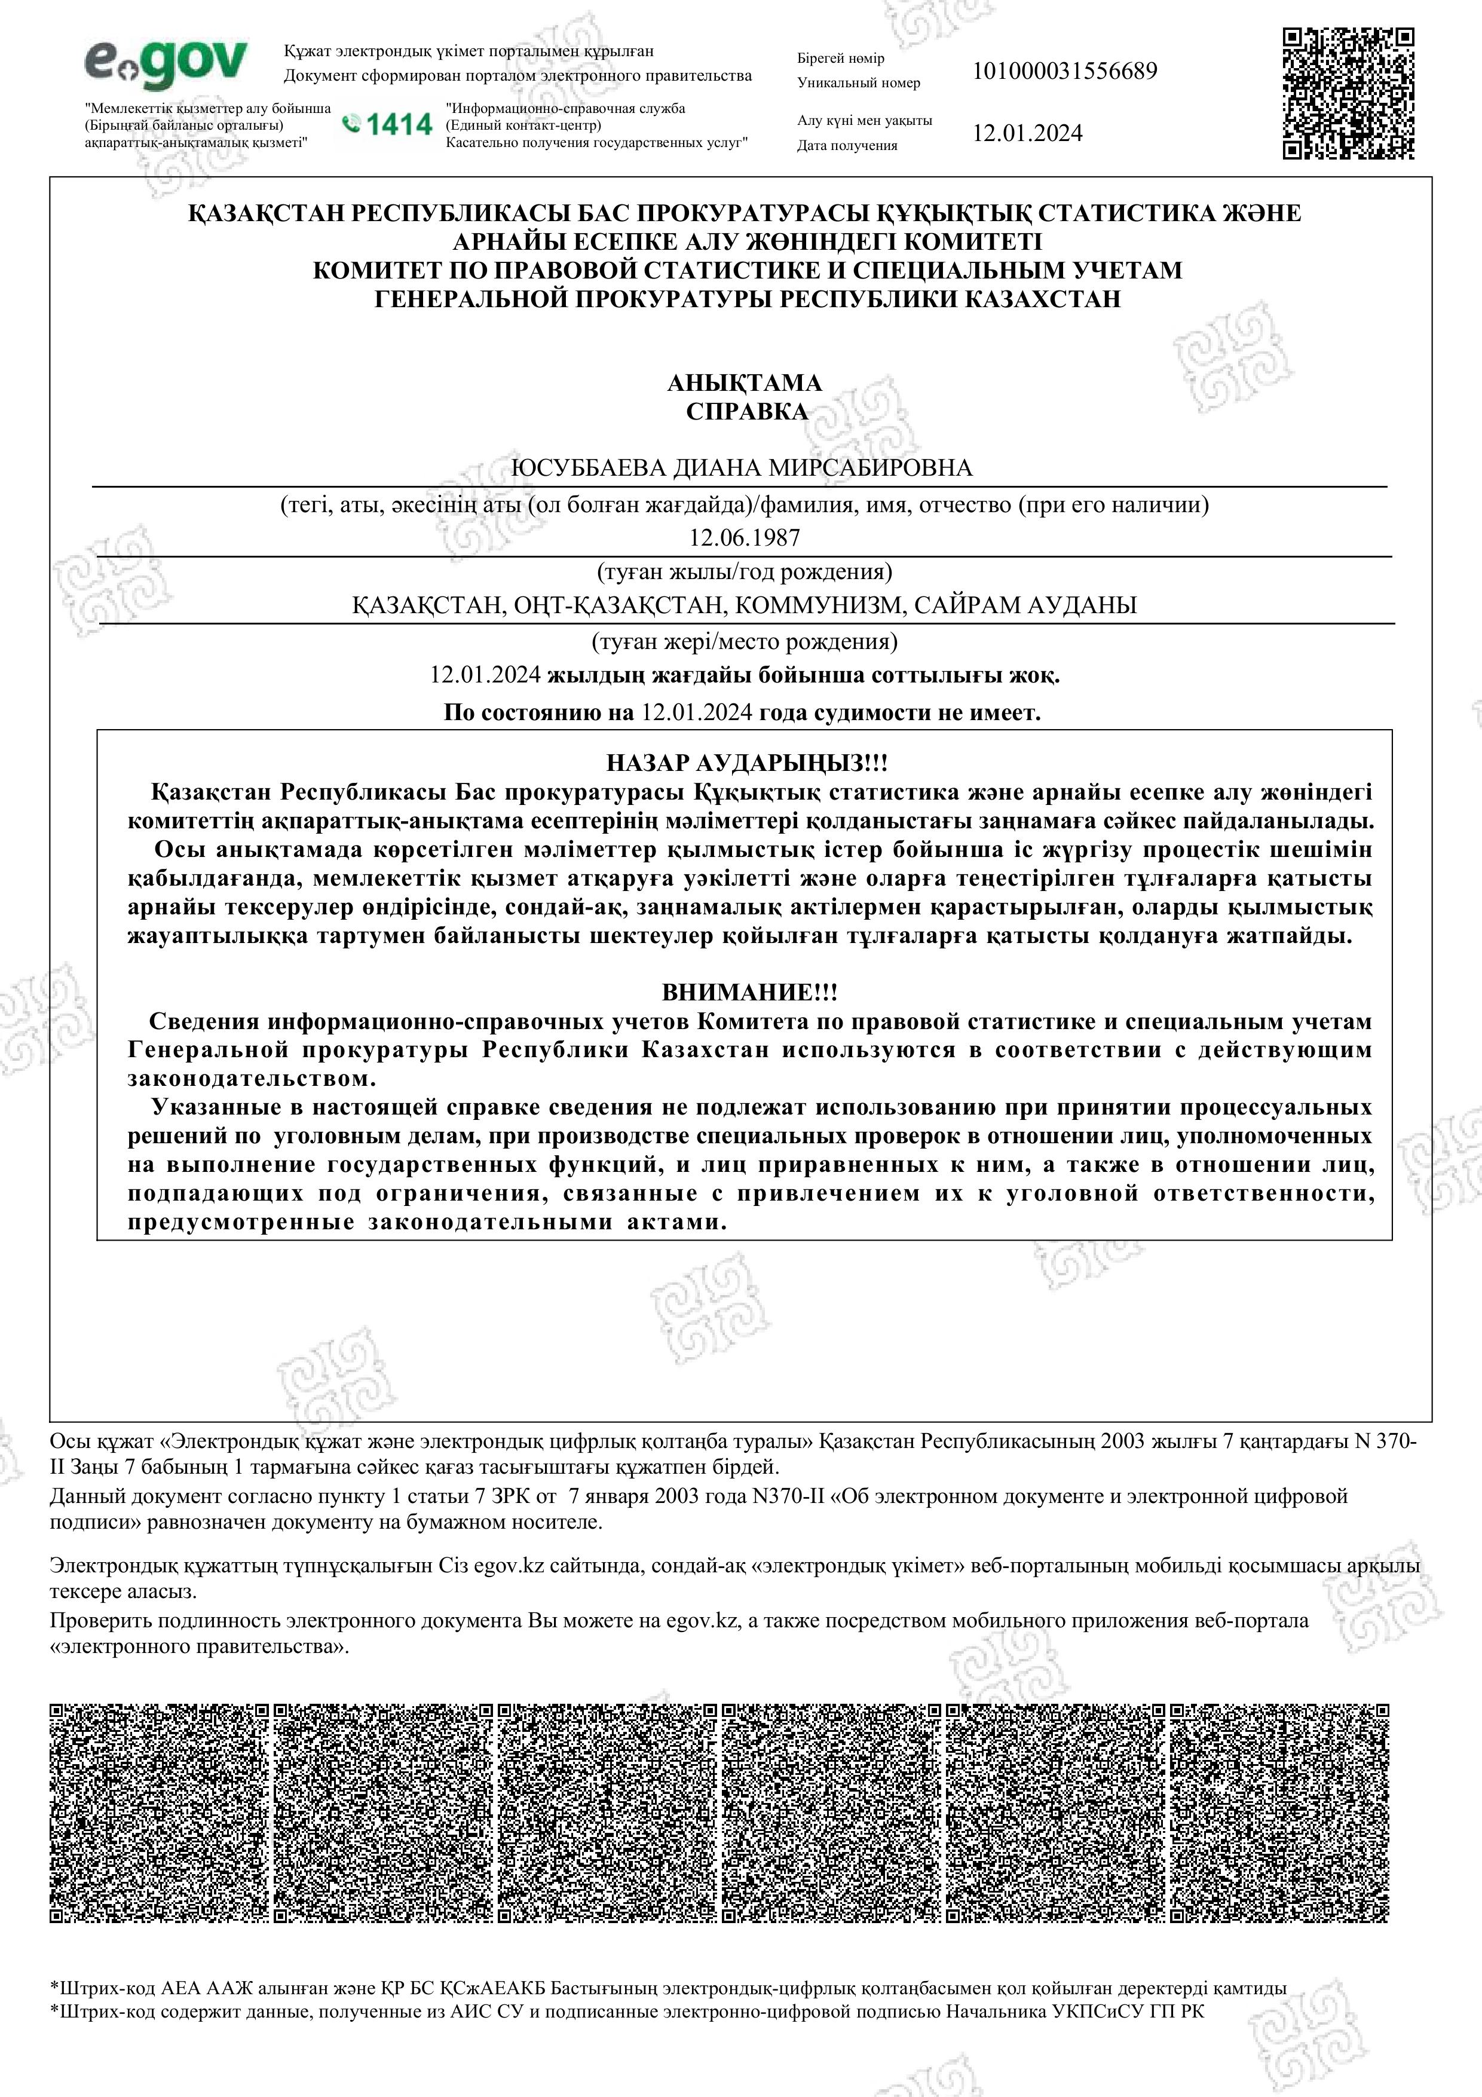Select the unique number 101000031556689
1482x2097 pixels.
pos(1065,71)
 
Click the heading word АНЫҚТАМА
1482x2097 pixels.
pos(744,382)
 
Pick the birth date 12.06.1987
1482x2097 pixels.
pos(744,538)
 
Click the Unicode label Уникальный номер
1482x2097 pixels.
pos(858,83)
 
